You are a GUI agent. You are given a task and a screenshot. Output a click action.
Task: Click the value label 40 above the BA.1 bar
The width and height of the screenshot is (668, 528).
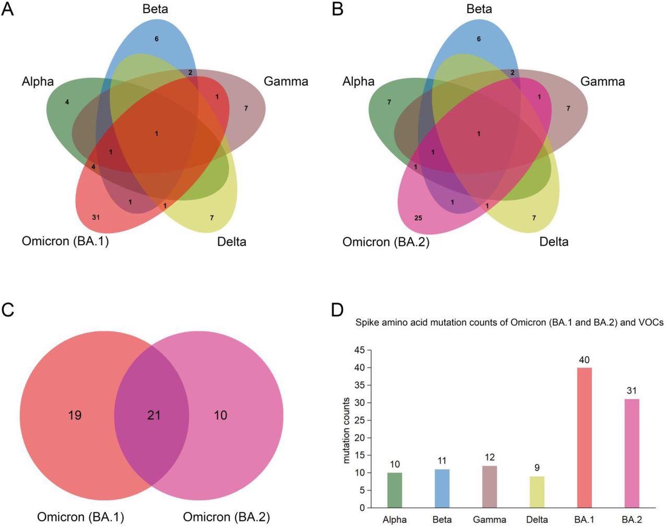point(584,360)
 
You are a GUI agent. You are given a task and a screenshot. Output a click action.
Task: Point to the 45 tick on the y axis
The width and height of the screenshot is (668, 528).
point(359,350)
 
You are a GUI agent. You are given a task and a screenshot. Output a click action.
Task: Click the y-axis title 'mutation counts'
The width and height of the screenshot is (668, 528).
point(347,430)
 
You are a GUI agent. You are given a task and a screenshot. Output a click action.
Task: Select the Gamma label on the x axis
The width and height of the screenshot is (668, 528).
point(489,520)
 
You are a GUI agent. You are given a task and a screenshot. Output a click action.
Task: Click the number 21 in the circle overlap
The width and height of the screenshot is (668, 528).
point(153,415)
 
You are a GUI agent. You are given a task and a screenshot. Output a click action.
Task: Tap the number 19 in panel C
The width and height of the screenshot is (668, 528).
point(75,415)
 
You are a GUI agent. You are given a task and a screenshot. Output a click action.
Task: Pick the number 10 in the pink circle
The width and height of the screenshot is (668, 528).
point(220,415)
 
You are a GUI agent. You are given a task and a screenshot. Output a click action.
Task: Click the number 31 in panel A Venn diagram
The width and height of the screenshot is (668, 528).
point(96,217)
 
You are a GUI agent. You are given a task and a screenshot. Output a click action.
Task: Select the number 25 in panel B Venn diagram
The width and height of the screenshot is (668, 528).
point(418,218)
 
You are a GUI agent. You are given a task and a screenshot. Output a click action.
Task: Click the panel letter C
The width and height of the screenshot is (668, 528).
point(8,309)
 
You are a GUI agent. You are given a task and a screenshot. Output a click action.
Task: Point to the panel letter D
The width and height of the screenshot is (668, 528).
point(337,309)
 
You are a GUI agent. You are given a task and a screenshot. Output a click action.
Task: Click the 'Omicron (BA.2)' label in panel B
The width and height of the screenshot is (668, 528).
point(386,242)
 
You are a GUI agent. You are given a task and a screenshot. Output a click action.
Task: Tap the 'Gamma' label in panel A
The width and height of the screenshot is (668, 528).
point(285,81)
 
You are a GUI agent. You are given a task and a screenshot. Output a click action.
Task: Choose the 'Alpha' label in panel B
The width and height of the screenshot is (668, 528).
point(359,81)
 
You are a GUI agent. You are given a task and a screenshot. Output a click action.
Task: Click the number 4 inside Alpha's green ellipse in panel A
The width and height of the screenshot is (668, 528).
point(67,102)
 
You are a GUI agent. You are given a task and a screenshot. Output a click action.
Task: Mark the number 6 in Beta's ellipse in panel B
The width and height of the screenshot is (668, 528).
point(479,39)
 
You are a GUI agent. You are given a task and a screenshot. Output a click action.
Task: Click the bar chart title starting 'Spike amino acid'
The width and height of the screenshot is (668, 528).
point(509,322)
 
